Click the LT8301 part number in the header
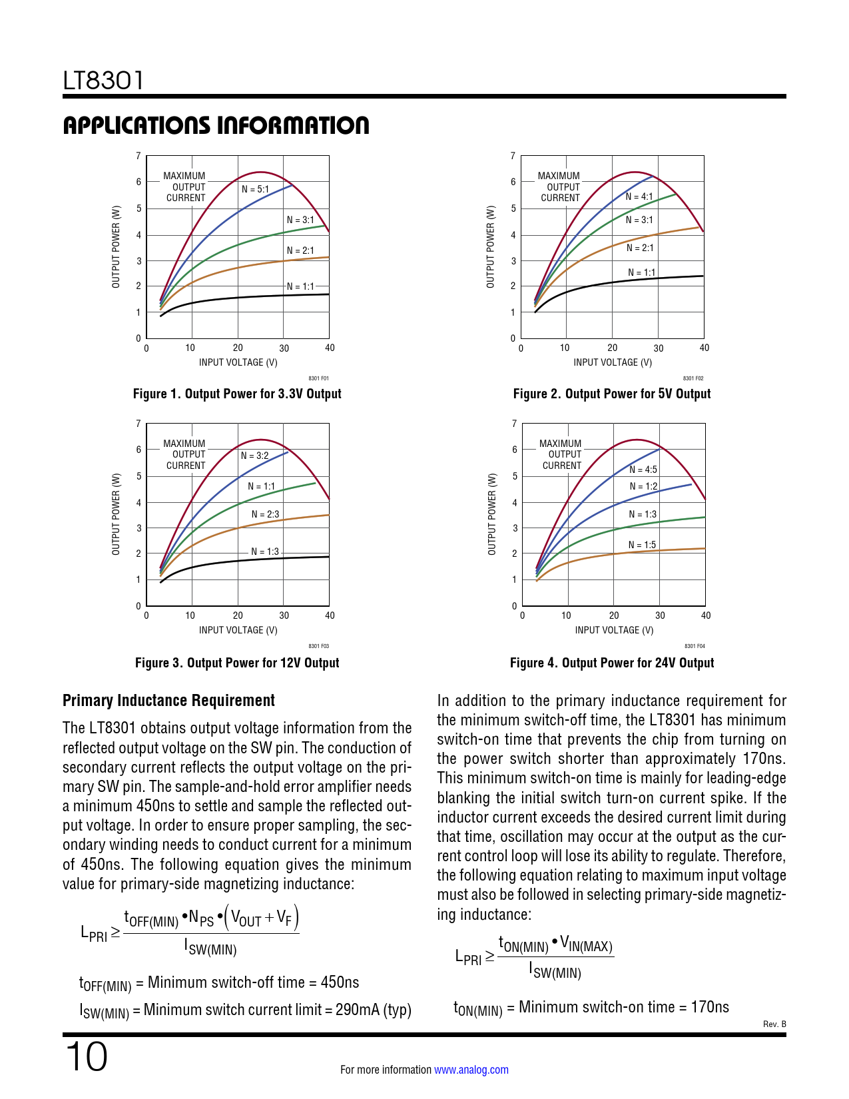(x=103, y=81)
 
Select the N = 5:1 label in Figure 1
(x=255, y=189)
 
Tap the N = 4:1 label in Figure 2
(x=639, y=196)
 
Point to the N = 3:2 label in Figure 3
(x=254, y=456)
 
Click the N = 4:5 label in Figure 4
(x=643, y=470)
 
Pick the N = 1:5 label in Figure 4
(x=642, y=545)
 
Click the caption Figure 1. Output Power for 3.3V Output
(x=237, y=394)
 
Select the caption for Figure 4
(x=611, y=663)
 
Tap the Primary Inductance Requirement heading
(x=168, y=701)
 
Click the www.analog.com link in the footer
(x=471, y=1070)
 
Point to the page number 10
(x=86, y=1057)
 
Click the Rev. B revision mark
(x=774, y=1024)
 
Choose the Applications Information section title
(x=216, y=125)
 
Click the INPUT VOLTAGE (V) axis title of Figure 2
(x=613, y=362)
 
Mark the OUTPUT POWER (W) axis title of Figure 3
(x=116, y=514)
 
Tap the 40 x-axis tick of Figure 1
(x=330, y=348)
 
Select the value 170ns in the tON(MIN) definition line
(x=710, y=1006)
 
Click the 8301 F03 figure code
(x=319, y=646)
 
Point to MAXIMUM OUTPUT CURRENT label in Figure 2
(x=559, y=187)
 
